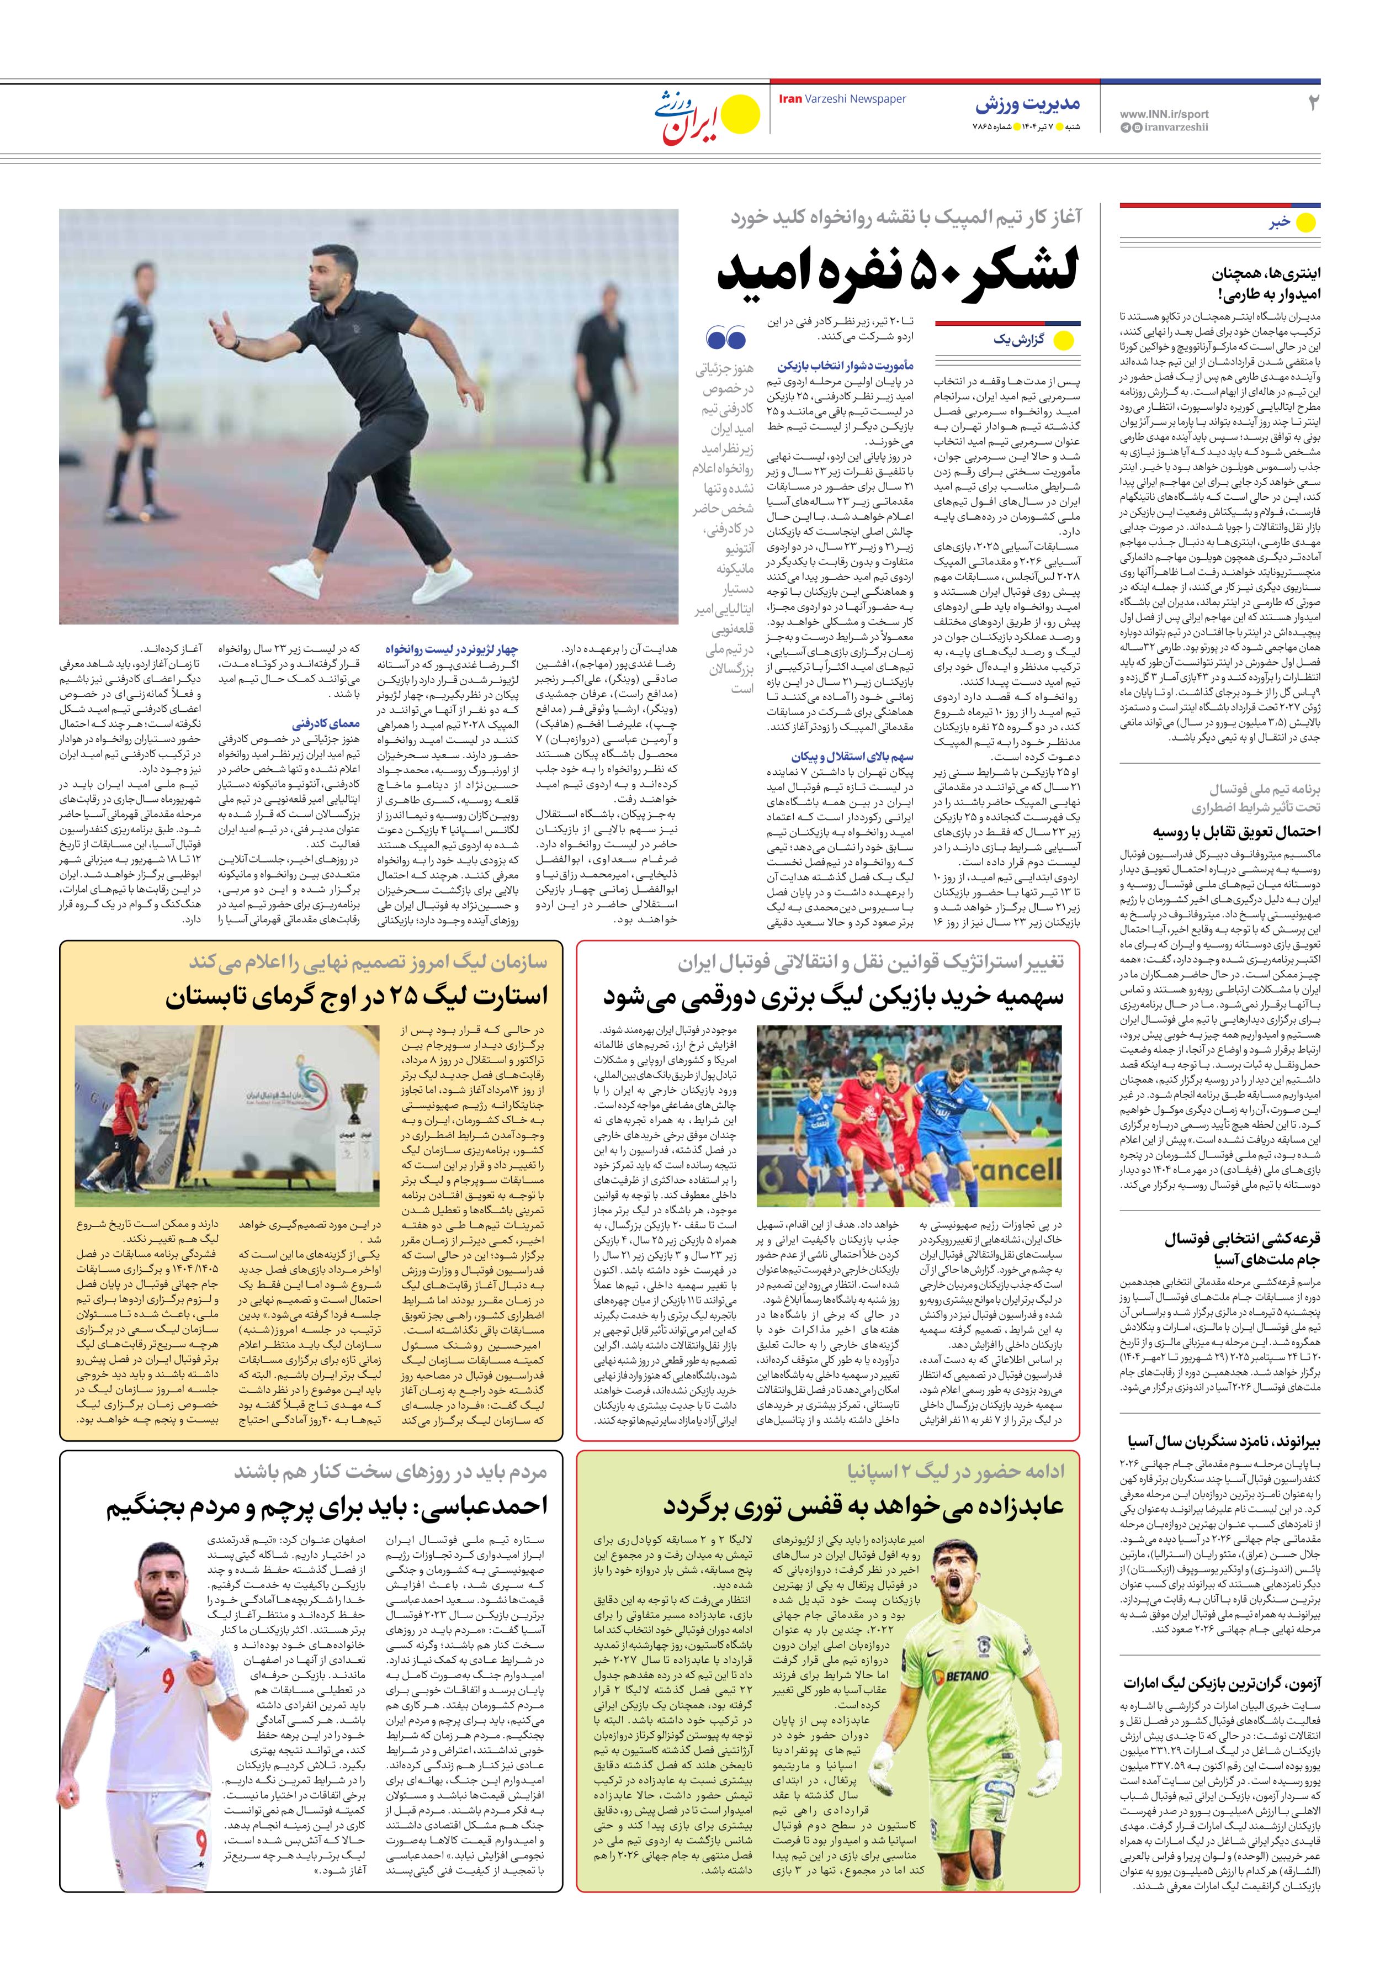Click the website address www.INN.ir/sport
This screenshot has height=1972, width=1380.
point(1164,113)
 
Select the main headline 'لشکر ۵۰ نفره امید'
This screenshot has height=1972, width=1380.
point(898,271)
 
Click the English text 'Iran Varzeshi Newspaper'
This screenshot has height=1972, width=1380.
point(842,99)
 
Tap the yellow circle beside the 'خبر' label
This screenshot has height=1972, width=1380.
point(1305,223)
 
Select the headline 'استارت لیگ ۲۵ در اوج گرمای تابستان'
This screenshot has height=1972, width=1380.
point(357,997)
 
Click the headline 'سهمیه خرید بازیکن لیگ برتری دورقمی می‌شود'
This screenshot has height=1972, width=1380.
point(833,997)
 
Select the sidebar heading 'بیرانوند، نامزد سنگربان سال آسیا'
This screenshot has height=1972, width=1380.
point(1224,1441)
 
